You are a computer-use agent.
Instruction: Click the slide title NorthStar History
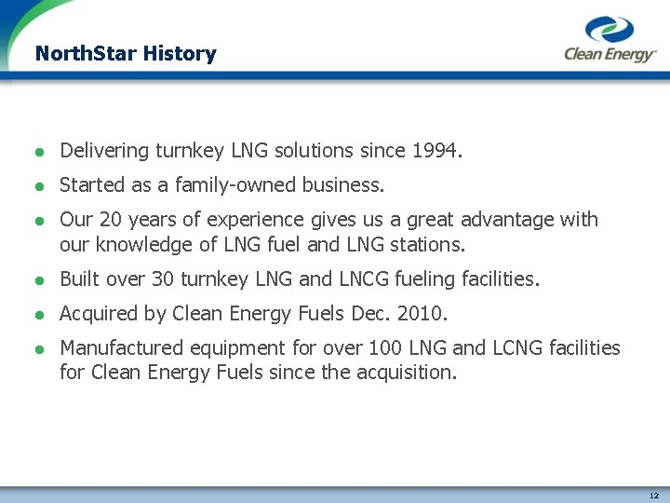point(125,54)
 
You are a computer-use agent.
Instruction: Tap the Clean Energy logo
point(610,41)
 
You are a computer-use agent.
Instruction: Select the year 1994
point(436,150)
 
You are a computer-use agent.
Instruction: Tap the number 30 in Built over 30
point(170,279)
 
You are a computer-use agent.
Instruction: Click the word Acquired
point(100,314)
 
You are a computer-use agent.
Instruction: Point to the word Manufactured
point(122,348)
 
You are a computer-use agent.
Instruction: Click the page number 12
point(654,495)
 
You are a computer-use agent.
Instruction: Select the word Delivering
point(104,150)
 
